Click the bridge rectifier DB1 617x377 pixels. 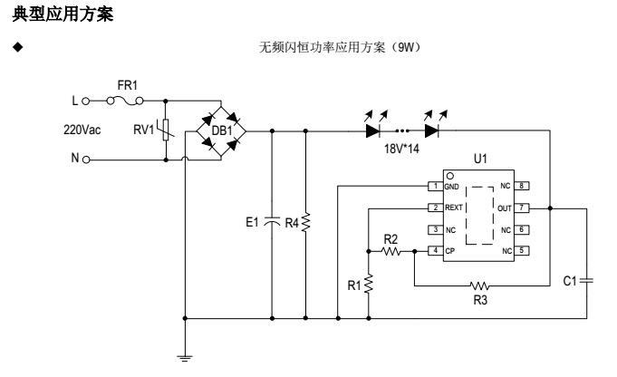tap(221, 130)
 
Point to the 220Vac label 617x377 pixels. tap(82, 130)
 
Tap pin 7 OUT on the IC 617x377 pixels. tap(522, 208)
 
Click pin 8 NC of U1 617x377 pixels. tap(522, 186)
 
